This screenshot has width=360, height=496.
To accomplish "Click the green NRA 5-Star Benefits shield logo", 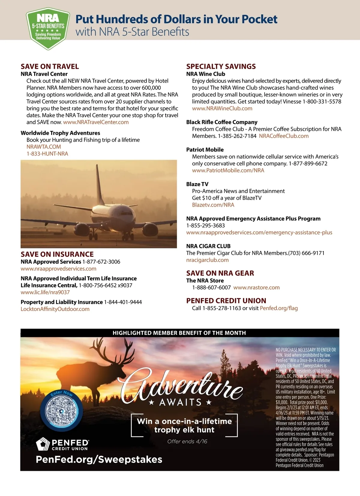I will pos(48,29).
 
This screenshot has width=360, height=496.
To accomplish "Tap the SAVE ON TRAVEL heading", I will pos(50,66).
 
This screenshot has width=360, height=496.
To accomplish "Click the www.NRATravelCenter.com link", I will pos(96,122).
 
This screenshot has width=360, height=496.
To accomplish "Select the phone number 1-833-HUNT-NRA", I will pos(47,154).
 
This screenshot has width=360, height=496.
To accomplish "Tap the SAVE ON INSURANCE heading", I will pos(57,254).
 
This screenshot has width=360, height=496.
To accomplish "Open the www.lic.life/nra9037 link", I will pos(45,292).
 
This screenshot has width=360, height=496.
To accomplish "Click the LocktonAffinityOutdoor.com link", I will pos(55,309).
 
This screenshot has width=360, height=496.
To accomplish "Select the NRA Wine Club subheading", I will pos(205,74).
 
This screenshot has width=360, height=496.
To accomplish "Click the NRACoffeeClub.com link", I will pos(283,136).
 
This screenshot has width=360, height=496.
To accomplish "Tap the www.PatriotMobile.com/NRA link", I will pos(228,171).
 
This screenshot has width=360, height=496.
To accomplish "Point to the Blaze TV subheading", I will pos(197,184).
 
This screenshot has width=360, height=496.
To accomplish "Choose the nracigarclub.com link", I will pos(207,260).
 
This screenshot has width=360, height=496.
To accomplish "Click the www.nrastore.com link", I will pos(256,288).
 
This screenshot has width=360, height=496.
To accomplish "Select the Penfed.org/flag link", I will pos(279,308).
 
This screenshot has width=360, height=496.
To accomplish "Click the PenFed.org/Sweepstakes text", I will pos(99,459).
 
